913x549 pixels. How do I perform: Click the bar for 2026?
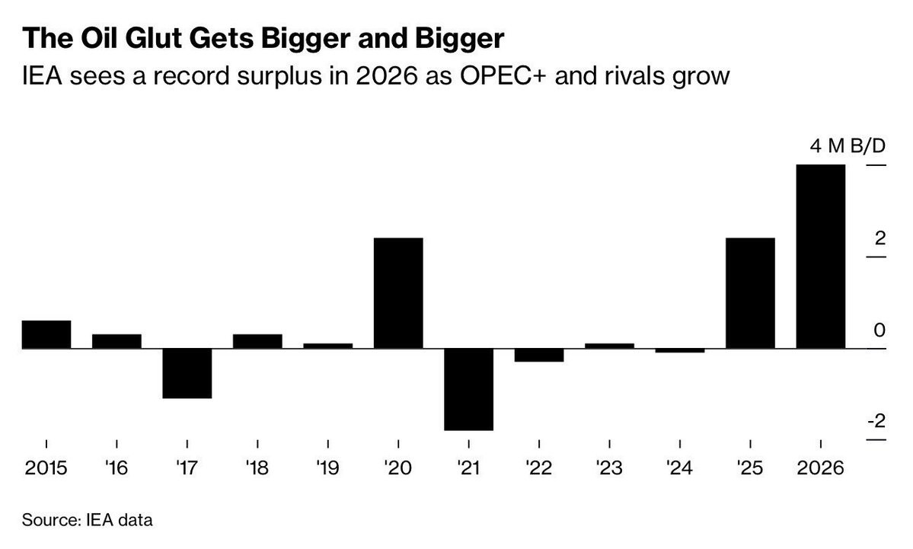(x=820, y=256)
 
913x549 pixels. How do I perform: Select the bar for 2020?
(x=398, y=293)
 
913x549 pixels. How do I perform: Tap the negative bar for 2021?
(x=468, y=389)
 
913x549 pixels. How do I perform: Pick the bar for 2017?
(x=187, y=373)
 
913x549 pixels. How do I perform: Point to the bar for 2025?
(x=750, y=293)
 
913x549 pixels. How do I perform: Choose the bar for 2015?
(x=46, y=334)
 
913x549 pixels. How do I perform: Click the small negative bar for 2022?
(x=539, y=355)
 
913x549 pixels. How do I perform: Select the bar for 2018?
(x=257, y=341)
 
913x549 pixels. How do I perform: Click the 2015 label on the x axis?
(x=46, y=467)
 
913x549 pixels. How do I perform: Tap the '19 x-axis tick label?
(x=327, y=467)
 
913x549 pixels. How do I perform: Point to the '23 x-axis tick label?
(x=609, y=467)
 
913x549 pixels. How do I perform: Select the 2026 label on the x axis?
(x=820, y=467)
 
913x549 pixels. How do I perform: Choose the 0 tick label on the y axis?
(x=879, y=330)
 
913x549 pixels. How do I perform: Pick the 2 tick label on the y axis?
(x=879, y=238)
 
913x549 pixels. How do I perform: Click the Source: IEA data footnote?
(x=88, y=522)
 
